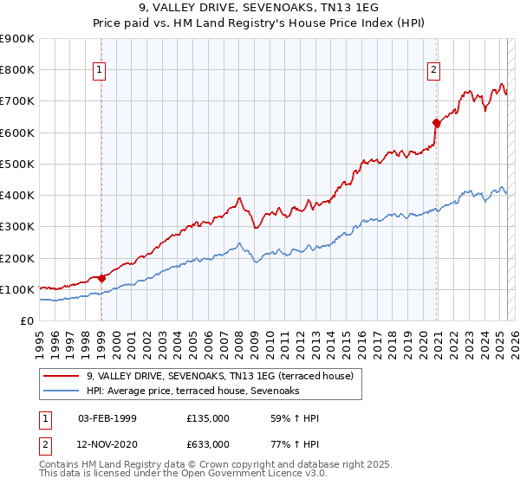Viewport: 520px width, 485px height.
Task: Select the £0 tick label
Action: tap(27, 321)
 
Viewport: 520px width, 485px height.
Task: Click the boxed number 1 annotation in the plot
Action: tap(101, 71)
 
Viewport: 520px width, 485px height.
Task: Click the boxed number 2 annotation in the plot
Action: tap(433, 71)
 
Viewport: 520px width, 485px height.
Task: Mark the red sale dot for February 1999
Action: tap(101, 278)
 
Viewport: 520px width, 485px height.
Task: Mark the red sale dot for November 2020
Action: tap(436, 123)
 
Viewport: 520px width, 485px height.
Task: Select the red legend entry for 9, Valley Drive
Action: tap(220, 377)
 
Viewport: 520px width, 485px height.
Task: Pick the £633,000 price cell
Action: tap(208, 443)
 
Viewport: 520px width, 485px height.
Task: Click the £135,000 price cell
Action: tap(208, 419)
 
